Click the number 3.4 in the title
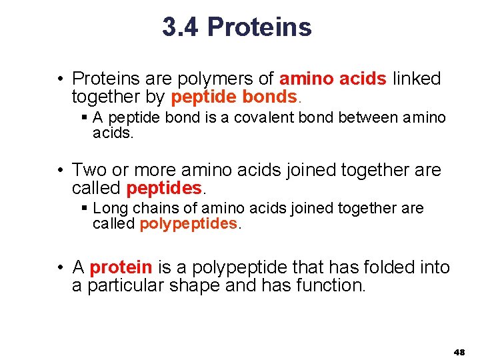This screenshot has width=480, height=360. click(181, 27)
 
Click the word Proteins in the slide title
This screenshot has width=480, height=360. click(259, 27)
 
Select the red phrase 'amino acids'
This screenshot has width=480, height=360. click(333, 79)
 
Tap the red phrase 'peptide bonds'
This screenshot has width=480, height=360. click(233, 97)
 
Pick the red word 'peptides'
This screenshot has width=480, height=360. click(163, 188)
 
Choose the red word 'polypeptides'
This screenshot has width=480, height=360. click(189, 224)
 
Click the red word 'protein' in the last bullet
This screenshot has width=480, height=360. click(121, 267)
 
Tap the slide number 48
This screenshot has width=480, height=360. click(459, 351)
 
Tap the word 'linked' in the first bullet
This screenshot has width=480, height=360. click(417, 79)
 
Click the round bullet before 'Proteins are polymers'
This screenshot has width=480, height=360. click(60, 79)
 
